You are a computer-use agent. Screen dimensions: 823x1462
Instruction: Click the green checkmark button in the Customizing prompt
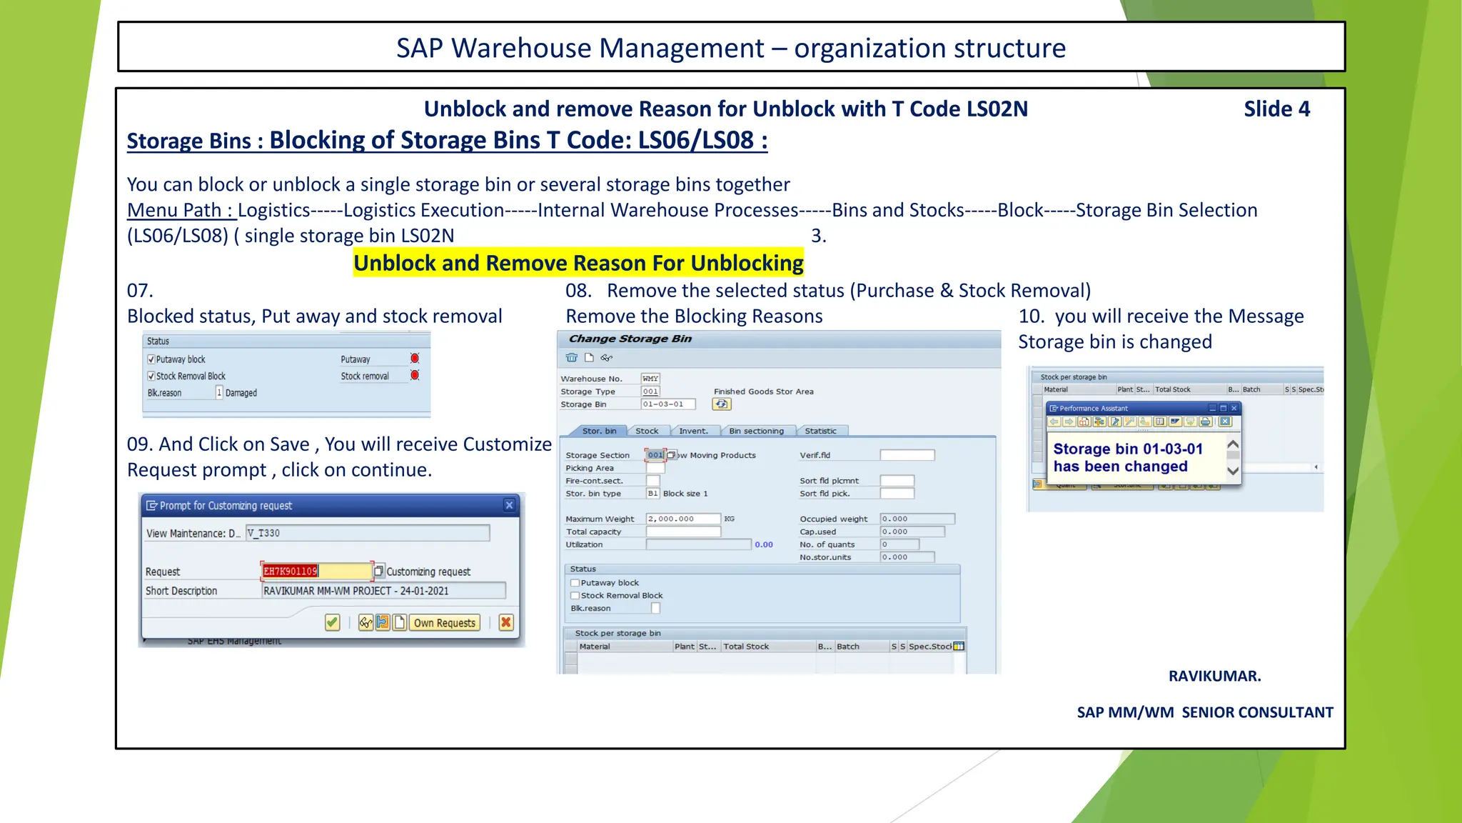tap(332, 622)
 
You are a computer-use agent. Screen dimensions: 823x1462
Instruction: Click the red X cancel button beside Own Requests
tap(506, 622)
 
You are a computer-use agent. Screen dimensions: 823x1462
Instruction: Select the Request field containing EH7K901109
tap(316, 572)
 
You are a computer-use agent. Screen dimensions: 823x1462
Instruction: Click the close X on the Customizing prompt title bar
tap(509, 505)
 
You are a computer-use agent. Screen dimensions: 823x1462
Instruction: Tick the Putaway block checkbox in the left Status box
tap(151, 359)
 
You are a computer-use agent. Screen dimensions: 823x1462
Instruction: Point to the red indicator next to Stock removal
tap(415, 375)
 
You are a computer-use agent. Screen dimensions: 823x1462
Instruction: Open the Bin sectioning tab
tap(756, 431)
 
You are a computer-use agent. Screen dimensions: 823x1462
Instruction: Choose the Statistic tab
tap(820, 431)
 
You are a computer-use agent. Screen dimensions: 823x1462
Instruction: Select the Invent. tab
tap(693, 431)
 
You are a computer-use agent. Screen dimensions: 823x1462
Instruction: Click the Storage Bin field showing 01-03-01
tap(667, 404)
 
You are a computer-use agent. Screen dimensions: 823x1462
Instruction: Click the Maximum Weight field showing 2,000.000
tap(682, 519)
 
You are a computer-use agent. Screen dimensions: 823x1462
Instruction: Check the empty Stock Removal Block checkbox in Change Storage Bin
tap(575, 596)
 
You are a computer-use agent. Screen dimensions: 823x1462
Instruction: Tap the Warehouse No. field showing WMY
tap(650, 379)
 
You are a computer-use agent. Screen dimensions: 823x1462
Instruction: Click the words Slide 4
tap(1276, 109)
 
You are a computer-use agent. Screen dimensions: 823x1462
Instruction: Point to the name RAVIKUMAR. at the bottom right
tap(1214, 676)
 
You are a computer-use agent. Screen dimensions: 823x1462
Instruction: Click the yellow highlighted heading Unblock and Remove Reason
tap(578, 264)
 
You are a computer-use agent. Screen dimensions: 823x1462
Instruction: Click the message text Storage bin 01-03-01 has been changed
tap(1128, 457)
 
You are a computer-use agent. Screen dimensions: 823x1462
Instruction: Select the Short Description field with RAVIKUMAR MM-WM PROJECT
tap(383, 591)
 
